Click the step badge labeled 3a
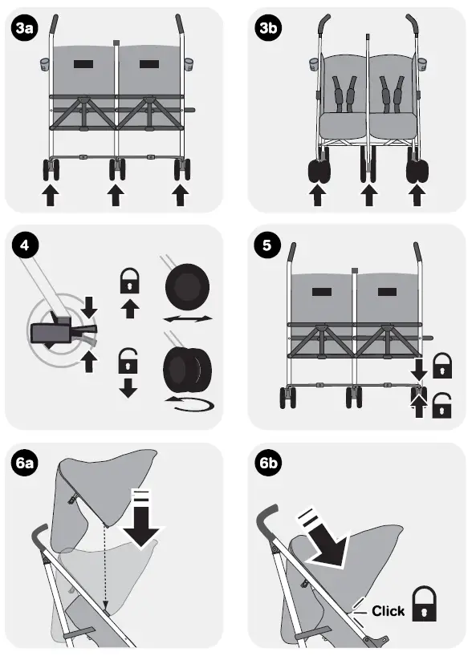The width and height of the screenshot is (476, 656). pyautogui.click(x=25, y=29)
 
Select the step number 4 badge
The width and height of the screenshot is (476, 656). pyautogui.click(x=25, y=245)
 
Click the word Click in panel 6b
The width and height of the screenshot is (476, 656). pyautogui.click(x=389, y=611)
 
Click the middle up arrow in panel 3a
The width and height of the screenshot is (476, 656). pyautogui.click(x=116, y=195)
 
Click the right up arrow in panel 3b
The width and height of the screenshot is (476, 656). pyautogui.click(x=417, y=195)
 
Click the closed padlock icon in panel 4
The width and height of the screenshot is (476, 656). pyautogui.click(x=128, y=280)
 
